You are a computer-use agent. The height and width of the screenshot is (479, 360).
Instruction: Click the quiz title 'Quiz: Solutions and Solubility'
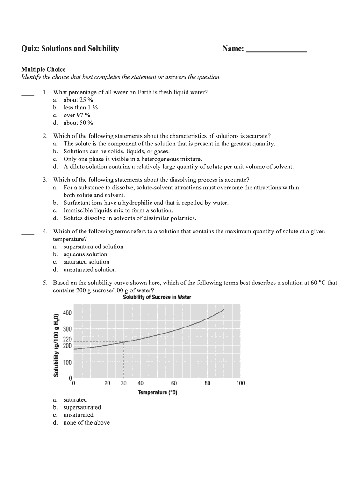coord(70,49)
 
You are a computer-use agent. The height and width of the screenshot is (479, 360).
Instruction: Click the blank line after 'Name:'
coord(276,50)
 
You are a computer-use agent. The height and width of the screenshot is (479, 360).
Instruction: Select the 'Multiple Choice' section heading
coord(43,69)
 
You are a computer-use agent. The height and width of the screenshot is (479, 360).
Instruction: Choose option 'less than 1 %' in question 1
coord(80,108)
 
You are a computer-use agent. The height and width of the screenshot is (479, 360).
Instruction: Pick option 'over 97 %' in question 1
coord(77,115)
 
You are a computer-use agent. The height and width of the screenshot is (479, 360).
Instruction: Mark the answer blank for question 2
coord(28,138)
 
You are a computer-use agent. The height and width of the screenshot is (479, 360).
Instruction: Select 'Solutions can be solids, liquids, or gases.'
coord(116,152)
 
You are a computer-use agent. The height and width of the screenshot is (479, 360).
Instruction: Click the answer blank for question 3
coord(28,181)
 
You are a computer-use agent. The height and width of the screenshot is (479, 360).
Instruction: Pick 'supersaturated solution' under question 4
coord(94,247)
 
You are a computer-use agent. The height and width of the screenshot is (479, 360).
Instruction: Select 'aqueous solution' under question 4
coord(85,254)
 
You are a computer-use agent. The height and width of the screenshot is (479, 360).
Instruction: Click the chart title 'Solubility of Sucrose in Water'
coord(157,298)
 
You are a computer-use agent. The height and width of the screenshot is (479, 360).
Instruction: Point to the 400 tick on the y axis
coord(67,312)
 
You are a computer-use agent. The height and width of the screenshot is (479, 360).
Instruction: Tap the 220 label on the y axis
coord(67,339)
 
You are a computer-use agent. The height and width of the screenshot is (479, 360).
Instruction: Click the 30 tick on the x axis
coord(123,383)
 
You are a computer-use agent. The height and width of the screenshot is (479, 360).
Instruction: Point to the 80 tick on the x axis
coord(207,383)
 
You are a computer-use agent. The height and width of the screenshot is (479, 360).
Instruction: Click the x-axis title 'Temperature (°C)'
coord(157,392)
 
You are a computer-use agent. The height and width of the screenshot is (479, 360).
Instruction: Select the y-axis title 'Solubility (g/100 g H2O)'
coord(56,344)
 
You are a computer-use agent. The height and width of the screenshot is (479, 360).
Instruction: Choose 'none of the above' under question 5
coord(86,423)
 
